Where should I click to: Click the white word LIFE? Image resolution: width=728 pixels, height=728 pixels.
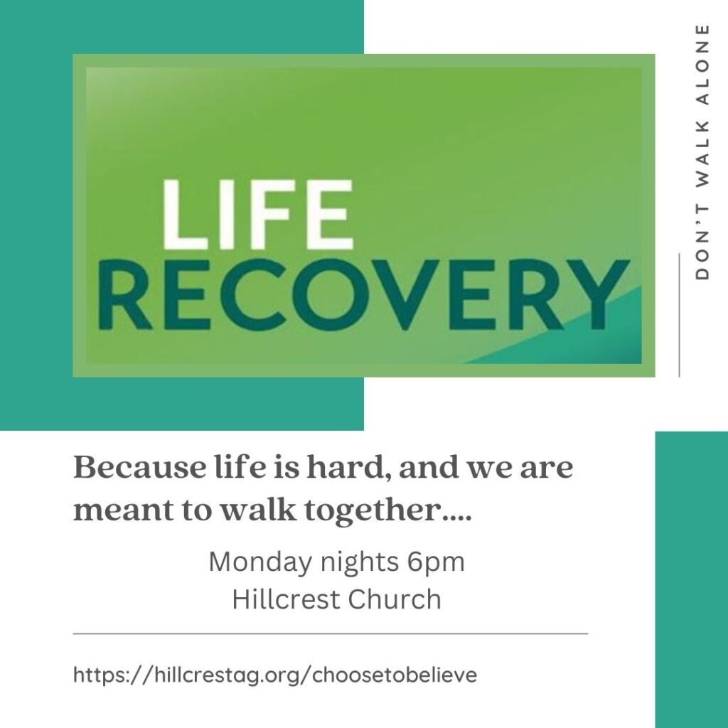pyautogui.click(x=257, y=215)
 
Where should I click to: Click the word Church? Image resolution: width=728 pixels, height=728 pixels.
pyautogui.click(x=395, y=599)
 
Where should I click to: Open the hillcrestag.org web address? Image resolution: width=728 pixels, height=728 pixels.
pyautogui.click(x=275, y=675)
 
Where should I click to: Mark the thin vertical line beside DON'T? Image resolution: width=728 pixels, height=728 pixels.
pyautogui.click(x=679, y=315)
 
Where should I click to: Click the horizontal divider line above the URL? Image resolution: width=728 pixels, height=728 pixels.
pyautogui.click(x=331, y=633)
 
